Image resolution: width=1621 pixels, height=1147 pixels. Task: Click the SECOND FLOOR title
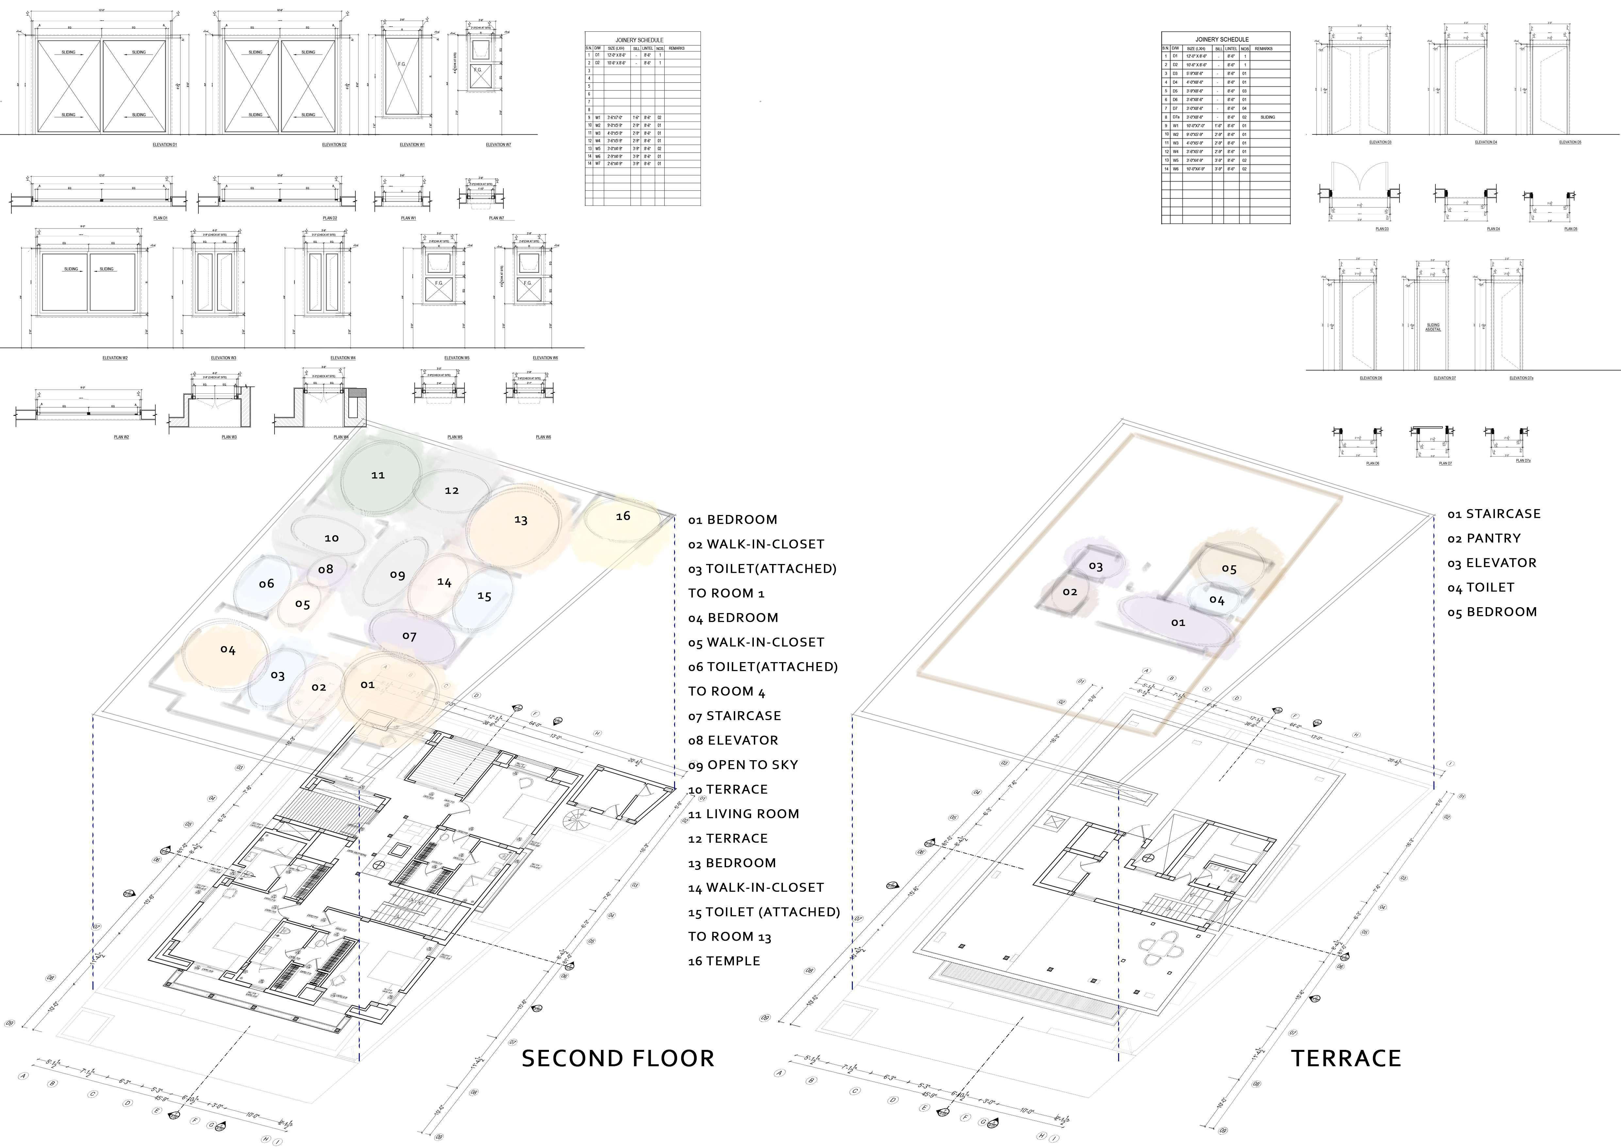click(x=618, y=1058)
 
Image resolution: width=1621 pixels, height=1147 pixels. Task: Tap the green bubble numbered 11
click(x=378, y=475)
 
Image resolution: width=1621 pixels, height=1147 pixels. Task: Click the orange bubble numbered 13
click(x=520, y=520)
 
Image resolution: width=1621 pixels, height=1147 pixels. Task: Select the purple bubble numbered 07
click(x=409, y=636)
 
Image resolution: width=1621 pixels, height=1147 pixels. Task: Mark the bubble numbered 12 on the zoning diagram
click(x=452, y=490)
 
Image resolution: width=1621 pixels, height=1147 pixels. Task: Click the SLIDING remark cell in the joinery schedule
click(x=1267, y=117)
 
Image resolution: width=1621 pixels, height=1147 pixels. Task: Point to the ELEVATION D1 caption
click(x=164, y=145)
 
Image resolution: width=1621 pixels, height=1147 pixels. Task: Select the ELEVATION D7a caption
click(x=1521, y=378)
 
